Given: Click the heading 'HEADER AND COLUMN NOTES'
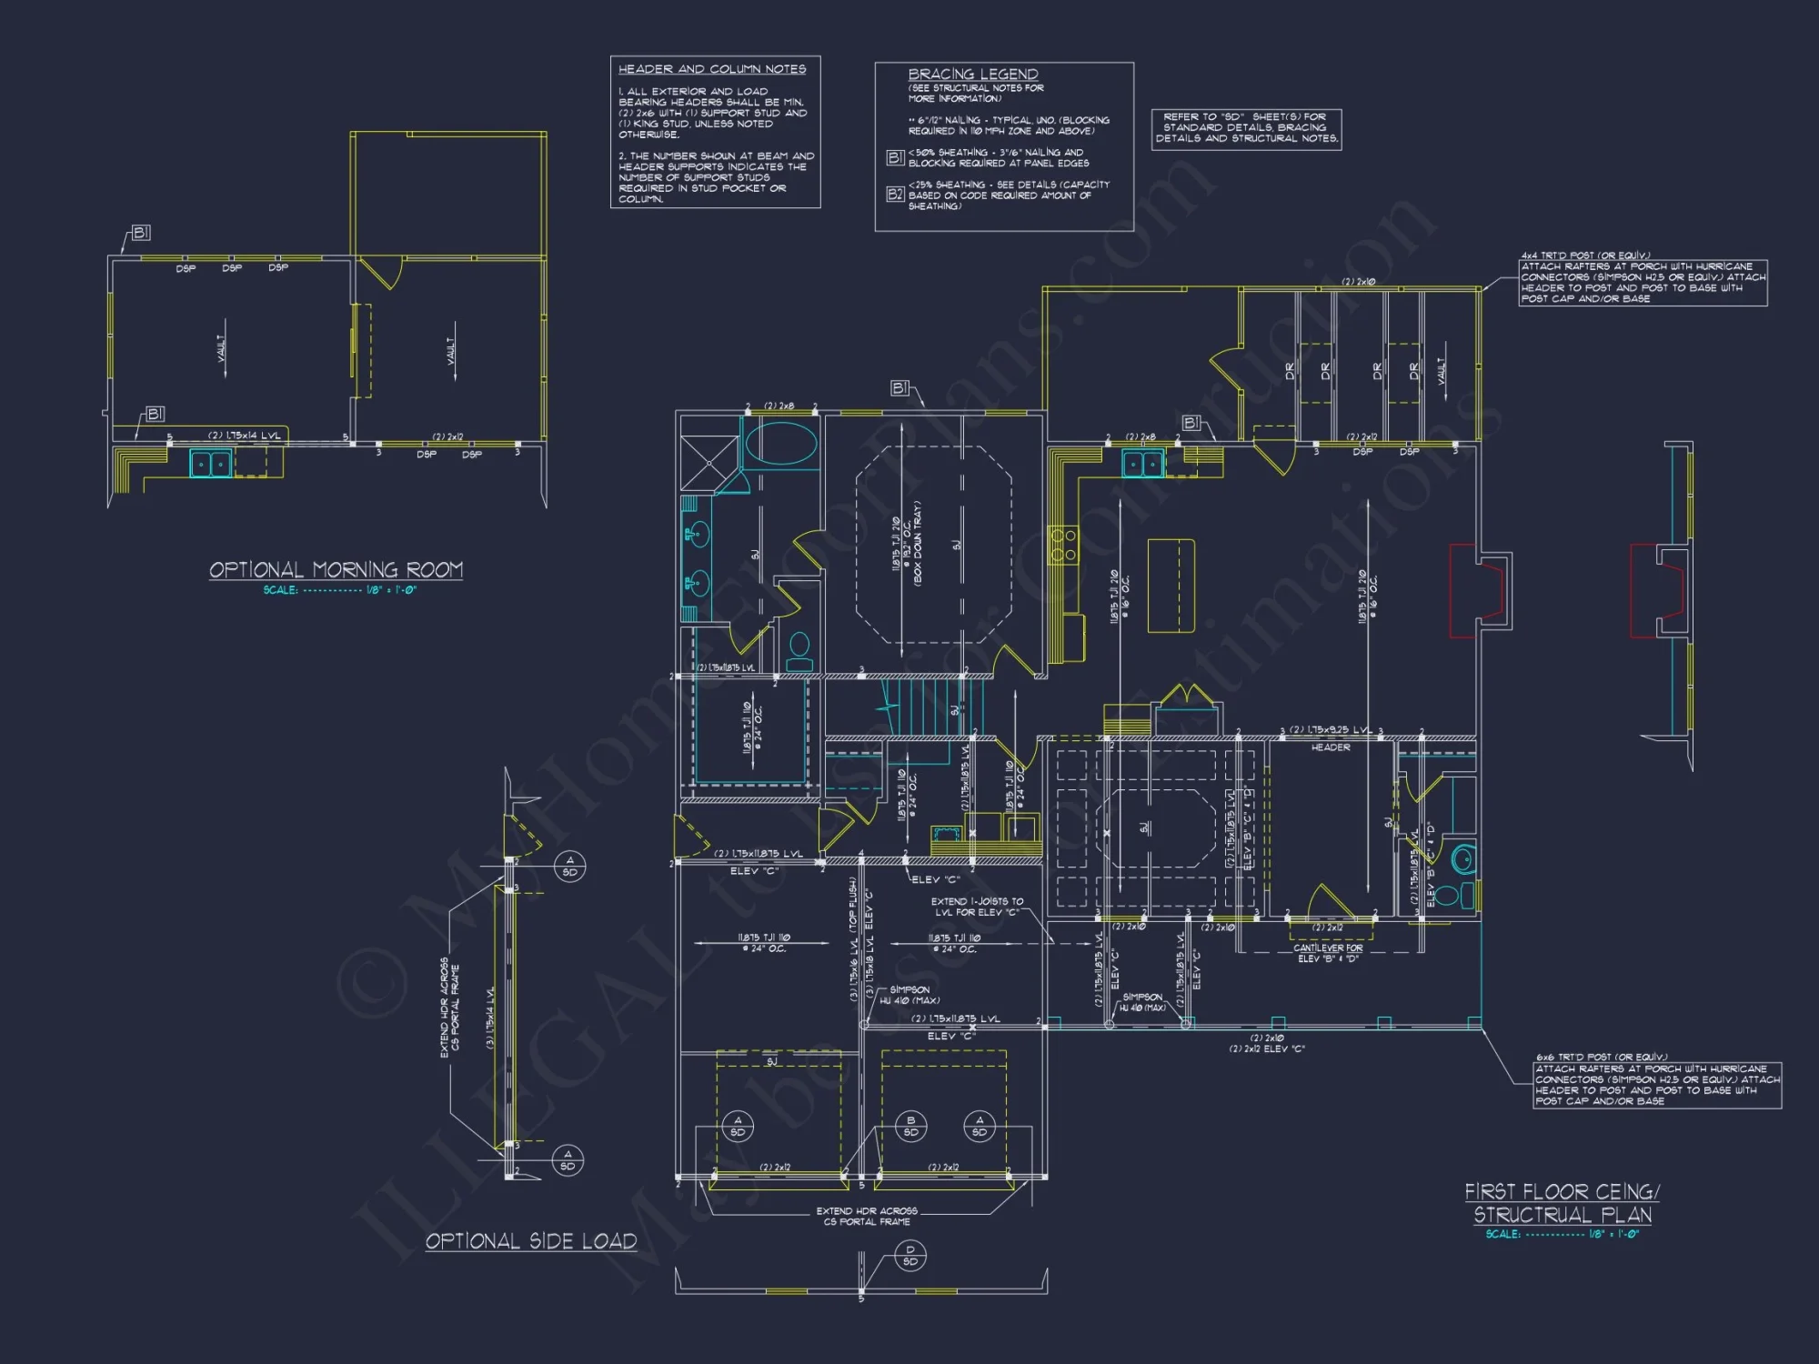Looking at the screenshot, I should click(x=712, y=69).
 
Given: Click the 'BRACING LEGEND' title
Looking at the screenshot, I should click(x=972, y=74).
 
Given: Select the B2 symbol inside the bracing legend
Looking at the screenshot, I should click(x=895, y=194).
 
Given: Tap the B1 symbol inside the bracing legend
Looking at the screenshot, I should click(x=895, y=157).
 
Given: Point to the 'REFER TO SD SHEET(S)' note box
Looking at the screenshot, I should click(x=1246, y=128).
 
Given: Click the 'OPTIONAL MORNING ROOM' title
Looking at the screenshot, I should click(x=336, y=570).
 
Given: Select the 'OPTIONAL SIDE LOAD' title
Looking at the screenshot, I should click(x=531, y=1241).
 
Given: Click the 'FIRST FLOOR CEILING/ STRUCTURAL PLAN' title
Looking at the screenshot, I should click(x=1562, y=1203).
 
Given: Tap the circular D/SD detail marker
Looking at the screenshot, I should click(x=910, y=1256).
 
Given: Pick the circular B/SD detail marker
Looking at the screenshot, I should click(x=910, y=1126).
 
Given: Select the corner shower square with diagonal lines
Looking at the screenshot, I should click(x=709, y=464).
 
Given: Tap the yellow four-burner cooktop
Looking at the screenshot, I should click(x=1063, y=545).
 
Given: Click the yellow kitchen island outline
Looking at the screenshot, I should click(x=1171, y=586).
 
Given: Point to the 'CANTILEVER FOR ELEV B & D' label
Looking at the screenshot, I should click(x=1328, y=953).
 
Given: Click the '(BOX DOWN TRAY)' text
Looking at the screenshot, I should click(x=918, y=543).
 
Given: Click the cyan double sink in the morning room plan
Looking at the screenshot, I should click(x=211, y=464).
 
